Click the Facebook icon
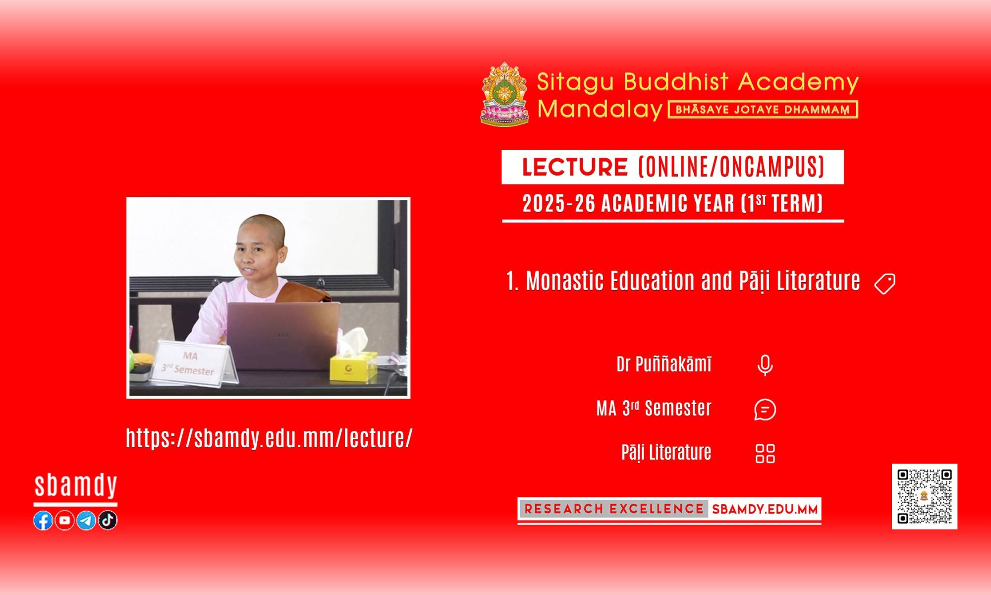pyautogui.click(x=43, y=520)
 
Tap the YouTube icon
pyautogui.click(x=64, y=520)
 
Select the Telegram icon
pyautogui.click(x=86, y=520)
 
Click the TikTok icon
pyautogui.click(x=108, y=520)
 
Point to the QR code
pyautogui.click(x=925, y=496)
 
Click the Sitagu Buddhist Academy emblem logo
pyautogui.click(x=504, y=94)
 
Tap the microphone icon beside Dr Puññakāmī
pyautogui.click(x=765, y=365)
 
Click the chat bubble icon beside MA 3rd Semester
pyautogui.click(x=765, y=410)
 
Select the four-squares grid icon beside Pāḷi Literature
pyautogui.click(x=765, y=453)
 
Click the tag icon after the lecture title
pyautogui.click(x=885, y=284)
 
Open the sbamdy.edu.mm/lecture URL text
pyautogui.click(x=269, y=438)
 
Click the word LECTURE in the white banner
pyautogui.click(x=575, y=167)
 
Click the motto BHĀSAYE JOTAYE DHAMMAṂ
pyautogui.click(x=763, y=110)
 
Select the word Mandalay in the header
pyautogui.click(x=600, y=110)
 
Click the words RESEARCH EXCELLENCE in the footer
pyautogui.click(x=614, y=509)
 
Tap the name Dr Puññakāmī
pyautogui.click(x=664, y=364)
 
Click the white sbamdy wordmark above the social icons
pyautogui.click(x=75, y=485)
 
